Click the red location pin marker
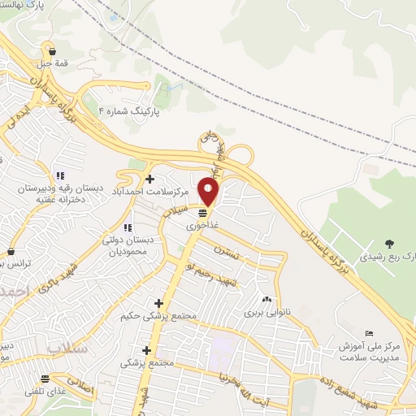click(209, 192)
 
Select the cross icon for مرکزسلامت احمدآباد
click(149, 179)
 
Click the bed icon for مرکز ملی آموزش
click(370, 333)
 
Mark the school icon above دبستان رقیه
click(59, 175)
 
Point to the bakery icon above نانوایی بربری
click(266, 300)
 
